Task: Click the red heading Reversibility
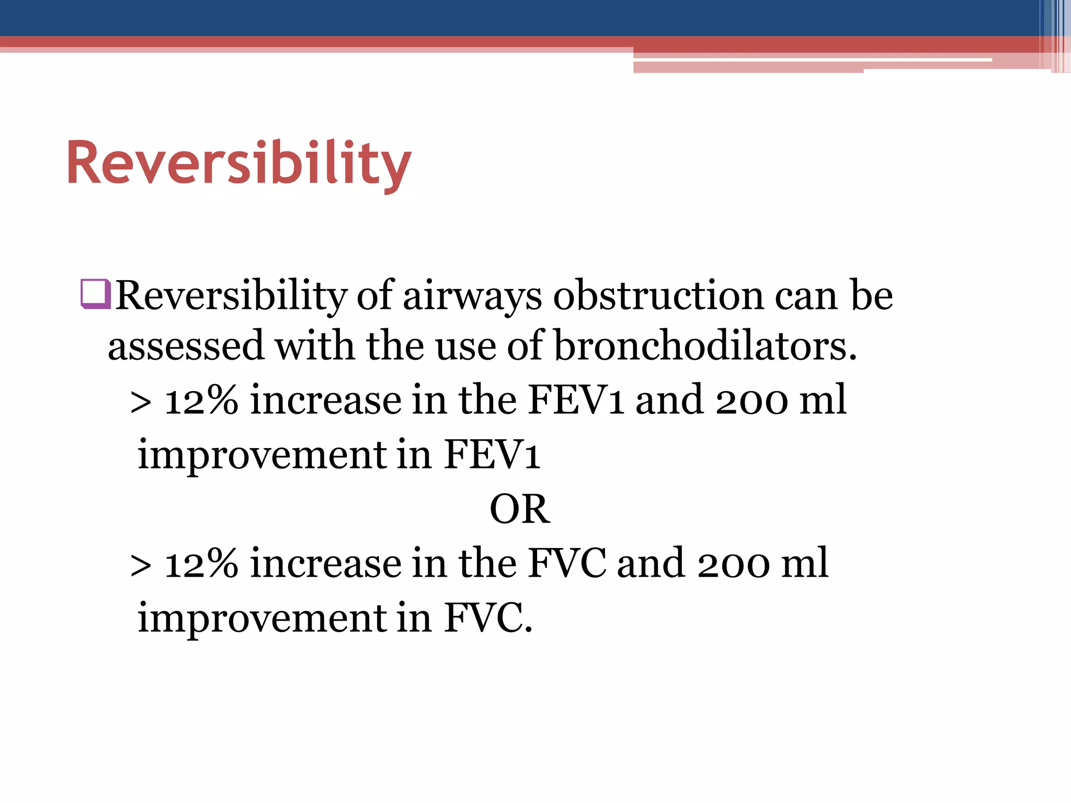click(239, 163)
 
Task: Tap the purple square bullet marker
click(95, 295)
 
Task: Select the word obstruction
click(658, 296)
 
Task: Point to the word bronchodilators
click(705, 346)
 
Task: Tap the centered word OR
click(519, 509)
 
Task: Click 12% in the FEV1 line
click(201, 400)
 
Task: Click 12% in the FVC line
click(201, 564)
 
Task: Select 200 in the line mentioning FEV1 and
click(751, 400)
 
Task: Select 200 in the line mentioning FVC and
click(733, 564)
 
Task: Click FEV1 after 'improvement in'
click(492, 455)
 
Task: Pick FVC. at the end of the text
click(488, 618)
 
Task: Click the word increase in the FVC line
click(325, 564)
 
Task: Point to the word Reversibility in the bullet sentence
click(231, 296)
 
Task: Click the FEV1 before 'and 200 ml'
click(576, 400)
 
